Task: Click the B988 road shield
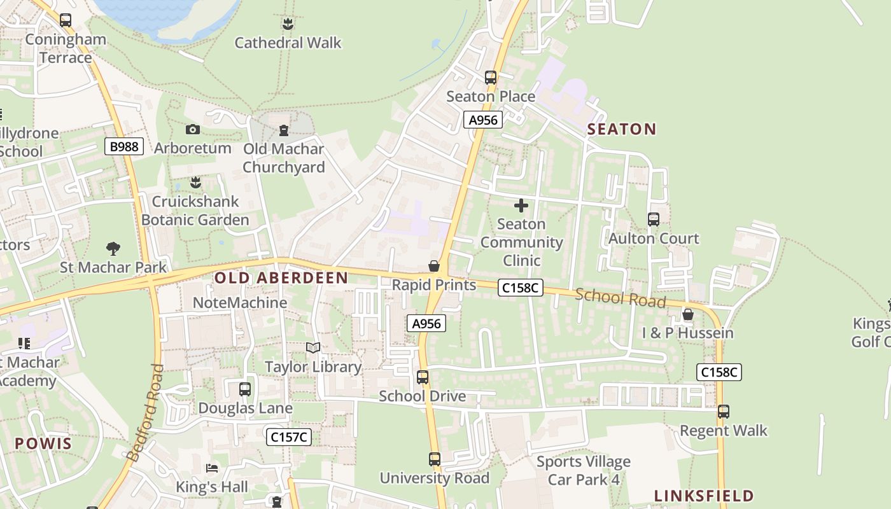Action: (124, 146)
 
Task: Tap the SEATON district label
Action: (621, 129)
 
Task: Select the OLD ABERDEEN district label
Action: (281, 278)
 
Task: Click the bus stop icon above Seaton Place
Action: (490, 78)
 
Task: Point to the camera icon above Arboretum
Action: (192, 130)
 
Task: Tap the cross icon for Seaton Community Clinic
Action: (521, 206)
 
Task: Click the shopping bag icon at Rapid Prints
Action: (434, 266)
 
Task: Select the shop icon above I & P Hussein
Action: (687, 314)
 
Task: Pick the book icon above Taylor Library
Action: (313, 347)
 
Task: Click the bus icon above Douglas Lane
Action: (245, 389)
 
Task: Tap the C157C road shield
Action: (288, 436)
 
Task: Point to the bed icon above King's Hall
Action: (212, 469)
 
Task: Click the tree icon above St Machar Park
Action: (113, 248)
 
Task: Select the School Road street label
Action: (620, 298)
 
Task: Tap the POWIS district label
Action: (43, 443)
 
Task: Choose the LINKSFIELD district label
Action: (704, 496)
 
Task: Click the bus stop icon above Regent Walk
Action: (723, 412)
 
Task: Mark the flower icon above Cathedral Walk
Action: (288, 24)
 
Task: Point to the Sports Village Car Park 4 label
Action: (584, 470)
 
